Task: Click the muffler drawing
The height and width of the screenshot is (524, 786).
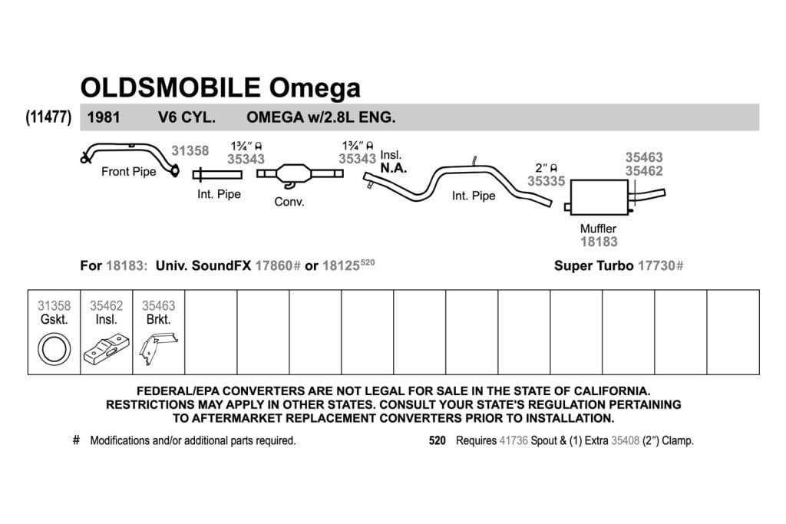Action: pyautogui.click(x=599, y=197)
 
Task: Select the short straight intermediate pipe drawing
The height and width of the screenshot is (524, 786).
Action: pyautogui.click(x=217, y=175)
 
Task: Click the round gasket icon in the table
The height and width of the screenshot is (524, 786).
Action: pyautogui.click(x=54, y=349)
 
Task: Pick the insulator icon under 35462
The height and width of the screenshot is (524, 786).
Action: pyautogui.click(x=106, y=349)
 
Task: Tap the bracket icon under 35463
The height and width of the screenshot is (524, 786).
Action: pyautogui.click(x=158, y=348)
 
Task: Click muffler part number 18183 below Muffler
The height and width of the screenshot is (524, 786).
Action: pyautogui.click(x=599, y=242)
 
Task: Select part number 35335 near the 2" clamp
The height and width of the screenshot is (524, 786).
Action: pyautogui.click(x=546, y=181)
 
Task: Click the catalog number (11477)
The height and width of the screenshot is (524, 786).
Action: pyautogui.click(x=48, y=117)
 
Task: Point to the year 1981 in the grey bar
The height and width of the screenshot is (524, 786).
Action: pyautogui.click(x=104, y=117)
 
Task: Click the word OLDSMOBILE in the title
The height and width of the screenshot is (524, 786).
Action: pyautogui.click(x=170, y=87)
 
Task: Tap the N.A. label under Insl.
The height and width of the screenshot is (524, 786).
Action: pyautogui.click(x=394, y=168)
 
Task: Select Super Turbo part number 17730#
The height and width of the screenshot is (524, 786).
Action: pyautogui.click(x=661, y=265)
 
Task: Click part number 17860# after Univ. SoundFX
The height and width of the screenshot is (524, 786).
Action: pyautogui.click(x=278, y=265)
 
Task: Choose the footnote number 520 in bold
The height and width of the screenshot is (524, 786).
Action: pyautogui.click(x=437, y=441)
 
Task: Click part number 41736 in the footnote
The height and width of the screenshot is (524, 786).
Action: pyautogui.click(x=514, y=441)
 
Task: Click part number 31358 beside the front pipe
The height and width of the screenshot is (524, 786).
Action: pyautogui.click(x=190, y=151)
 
